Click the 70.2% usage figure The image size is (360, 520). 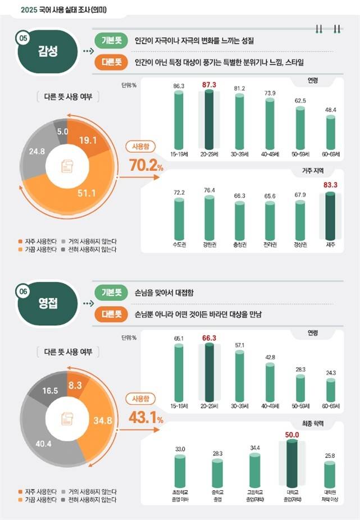[x=146, y=166]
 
